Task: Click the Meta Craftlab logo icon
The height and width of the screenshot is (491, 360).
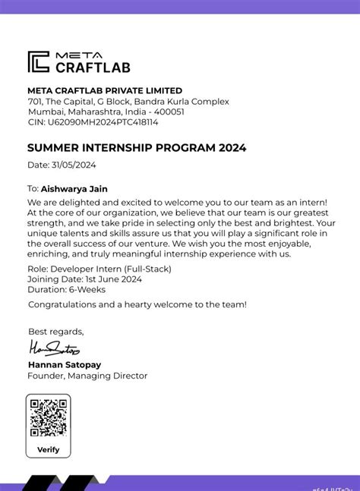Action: pos(38,61)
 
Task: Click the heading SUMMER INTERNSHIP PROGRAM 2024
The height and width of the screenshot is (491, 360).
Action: pos(137,148)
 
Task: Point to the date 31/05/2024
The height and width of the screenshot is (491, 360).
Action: pos(73,165)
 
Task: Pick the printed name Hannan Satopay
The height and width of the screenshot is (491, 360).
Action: pos(65,364)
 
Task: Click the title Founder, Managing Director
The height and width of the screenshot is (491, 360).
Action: pos(87,375)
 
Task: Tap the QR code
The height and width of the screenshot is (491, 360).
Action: pos(49,417)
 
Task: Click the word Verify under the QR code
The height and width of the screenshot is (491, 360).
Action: pos(49,449)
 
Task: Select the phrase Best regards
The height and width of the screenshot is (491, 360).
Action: pos(55,331)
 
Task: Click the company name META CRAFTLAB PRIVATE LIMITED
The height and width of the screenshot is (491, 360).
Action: pos(105,90)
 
